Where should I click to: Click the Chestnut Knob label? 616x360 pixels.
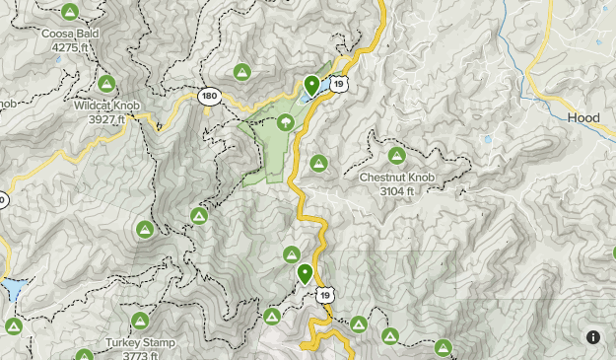(x=396, y=178)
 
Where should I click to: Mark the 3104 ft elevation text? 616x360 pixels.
(x=396, y=190)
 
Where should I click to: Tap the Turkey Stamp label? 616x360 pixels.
(x=140, y=343)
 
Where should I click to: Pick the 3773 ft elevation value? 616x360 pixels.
(x=140, y=356)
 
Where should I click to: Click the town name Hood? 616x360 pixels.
(x=583, y=117)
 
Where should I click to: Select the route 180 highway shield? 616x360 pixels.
(x=208, y=96)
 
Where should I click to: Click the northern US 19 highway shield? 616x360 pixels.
(x=339, y=85)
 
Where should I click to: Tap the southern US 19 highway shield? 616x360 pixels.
(x=325, y=294)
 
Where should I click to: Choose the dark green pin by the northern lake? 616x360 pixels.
(x=311, y=86)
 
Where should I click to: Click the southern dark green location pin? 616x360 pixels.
(x=306, y=273)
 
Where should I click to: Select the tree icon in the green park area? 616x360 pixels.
(x=286, y=122)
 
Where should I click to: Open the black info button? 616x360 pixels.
(x=593, y=337)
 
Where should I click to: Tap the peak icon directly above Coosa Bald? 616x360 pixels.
(x=69, y=12)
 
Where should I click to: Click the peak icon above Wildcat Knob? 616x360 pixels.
(x=107, y=83)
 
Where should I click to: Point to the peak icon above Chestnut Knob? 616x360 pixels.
(x=396, y=156)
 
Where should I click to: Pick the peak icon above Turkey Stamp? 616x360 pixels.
(x=140, y=322)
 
